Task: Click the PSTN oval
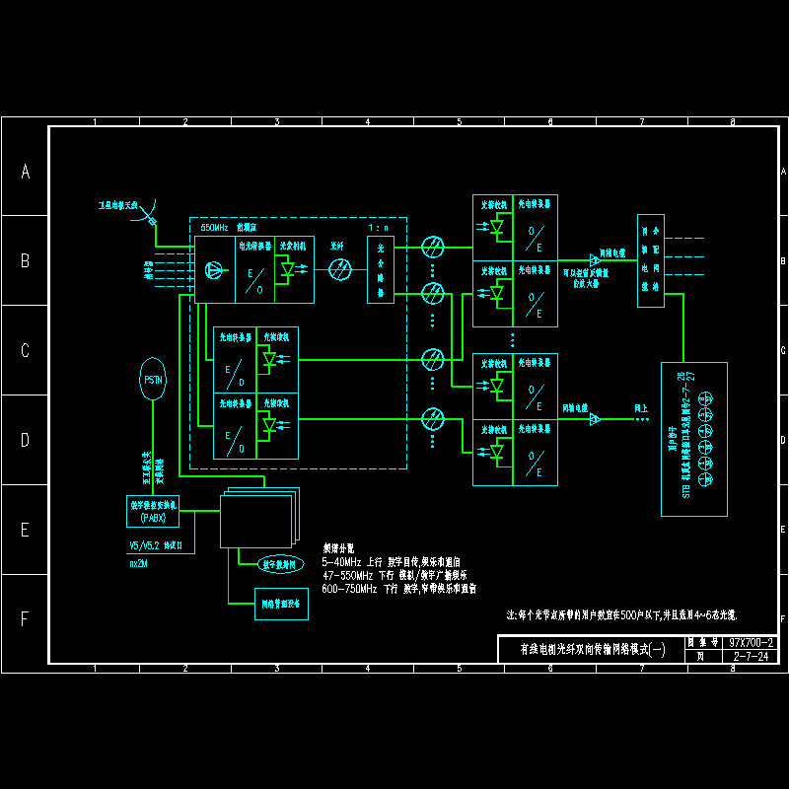pyautogui.click(x=153, y=380)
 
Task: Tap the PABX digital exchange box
pyautogui.click(x=153, y=511)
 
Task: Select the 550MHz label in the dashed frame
pyautogui.click(x=214, y=227)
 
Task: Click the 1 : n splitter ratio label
pyautogui.click(x=380, y=227)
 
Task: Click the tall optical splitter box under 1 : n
pyautogui.click(x=380, y=269)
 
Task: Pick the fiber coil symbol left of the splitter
pyautogui.click(x=340, y=268)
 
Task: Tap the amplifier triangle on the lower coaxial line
pyautogui.click(x=595, y=419)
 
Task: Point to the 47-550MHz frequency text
pyautogui.click(x=350, y=574)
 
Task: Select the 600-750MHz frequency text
pyautogui.click(x=350, y=589)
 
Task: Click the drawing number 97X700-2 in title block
pyautogui.click(x=752, y=642)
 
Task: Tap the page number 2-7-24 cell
pyautogui.click(x=752, y=655)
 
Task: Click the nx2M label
pyautogui.click(x=139, y=564)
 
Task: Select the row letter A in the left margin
pyautogui.click(x=26, y=172)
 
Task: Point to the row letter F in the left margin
pyautogui.click(x=26, y=619)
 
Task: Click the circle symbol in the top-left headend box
pyautogui.click(x=214, y=269)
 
